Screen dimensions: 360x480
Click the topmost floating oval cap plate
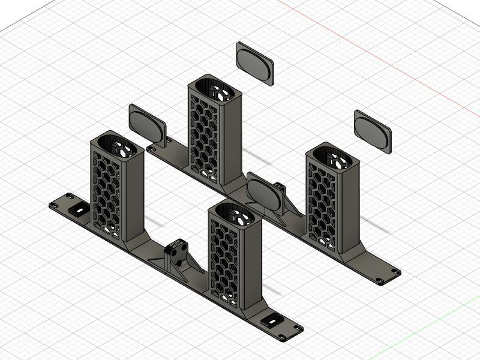(x=254, y=61)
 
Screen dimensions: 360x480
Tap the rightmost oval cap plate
(x=372, y=129)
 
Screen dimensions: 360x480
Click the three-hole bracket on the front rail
(x=176, y=251)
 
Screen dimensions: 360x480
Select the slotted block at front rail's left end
(x=77, y=211)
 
